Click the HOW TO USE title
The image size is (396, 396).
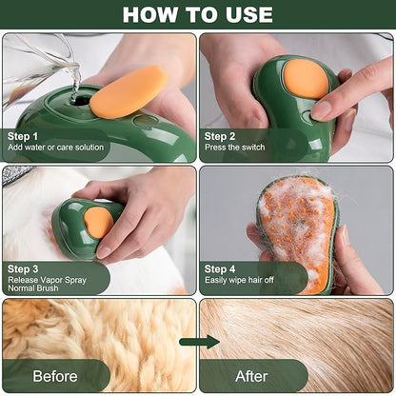[x=197, y=14]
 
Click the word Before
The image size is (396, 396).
[x=55, y=375]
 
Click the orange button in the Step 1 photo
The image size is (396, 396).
[x=129, y=92]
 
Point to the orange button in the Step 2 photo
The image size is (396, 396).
[x=307, y=78]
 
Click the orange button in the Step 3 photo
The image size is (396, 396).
[x=97, y=222]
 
